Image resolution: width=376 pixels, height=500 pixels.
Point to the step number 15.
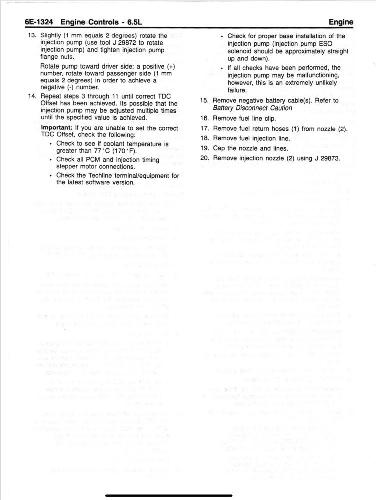coord(204,100)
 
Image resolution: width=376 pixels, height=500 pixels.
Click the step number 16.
coord(204,118)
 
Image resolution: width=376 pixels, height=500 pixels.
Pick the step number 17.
coord(204,128)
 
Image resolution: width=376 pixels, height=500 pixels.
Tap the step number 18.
coord(204,138)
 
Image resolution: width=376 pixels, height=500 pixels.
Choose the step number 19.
coord(204,148)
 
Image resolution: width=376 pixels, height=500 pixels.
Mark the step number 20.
coord(204,158)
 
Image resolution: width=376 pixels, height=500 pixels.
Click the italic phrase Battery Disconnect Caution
coord(253,108)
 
